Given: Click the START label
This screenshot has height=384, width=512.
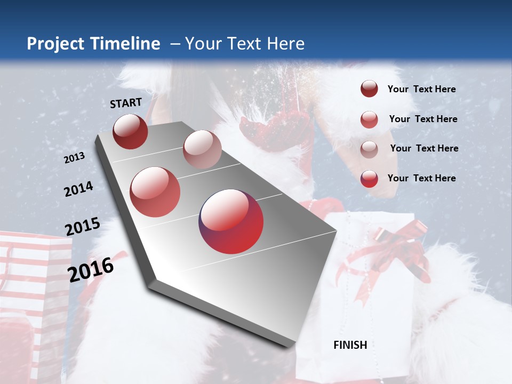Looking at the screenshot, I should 126,102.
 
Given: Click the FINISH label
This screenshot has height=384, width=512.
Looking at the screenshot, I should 350,345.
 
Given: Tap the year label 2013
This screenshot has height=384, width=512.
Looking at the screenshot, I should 75,157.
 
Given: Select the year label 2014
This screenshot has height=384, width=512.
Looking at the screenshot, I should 79,189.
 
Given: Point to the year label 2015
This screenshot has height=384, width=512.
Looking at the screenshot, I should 83,227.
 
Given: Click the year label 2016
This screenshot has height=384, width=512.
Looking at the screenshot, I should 91,269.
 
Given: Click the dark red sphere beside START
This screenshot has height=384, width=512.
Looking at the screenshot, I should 130,131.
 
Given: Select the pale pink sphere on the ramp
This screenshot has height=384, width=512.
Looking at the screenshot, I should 202,149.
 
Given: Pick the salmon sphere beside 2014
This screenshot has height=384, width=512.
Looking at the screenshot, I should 155,192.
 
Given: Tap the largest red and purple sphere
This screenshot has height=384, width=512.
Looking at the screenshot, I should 231,221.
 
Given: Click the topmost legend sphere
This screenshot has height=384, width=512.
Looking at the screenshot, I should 369,89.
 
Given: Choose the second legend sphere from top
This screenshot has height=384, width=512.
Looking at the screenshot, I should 369,119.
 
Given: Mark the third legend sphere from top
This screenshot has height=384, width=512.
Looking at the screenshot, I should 369,149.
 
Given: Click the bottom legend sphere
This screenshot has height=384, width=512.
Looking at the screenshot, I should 369,179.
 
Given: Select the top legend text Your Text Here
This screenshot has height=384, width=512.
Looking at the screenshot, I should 421,89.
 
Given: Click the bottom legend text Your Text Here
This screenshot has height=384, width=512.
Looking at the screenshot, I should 421,178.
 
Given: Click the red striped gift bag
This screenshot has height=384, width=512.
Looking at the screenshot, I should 32,288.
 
